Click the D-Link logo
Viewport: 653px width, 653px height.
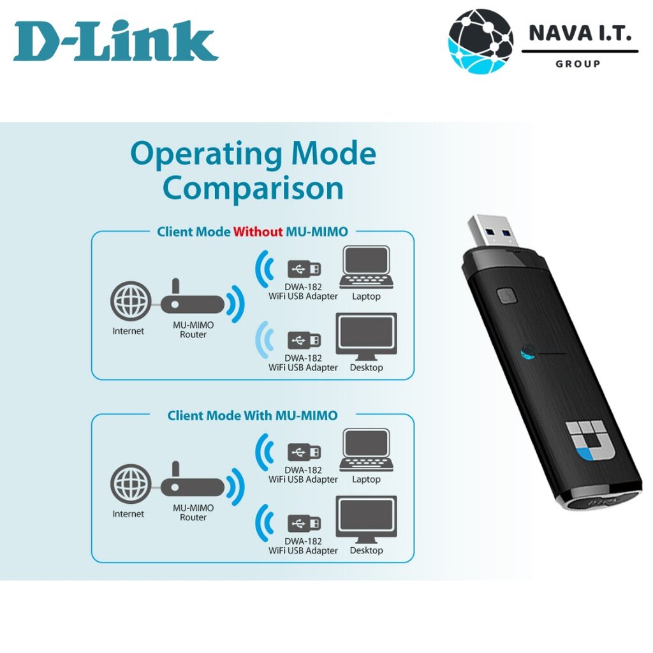point(115,41)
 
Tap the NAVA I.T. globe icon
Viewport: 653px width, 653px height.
point(480,41)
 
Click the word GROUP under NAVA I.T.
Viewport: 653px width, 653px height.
point(578,64)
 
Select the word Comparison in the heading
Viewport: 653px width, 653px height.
point(253,188)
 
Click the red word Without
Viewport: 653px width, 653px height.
point(258,231)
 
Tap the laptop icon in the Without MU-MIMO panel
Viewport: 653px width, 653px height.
point(365,268)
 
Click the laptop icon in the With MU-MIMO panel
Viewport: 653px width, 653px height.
point(365,451)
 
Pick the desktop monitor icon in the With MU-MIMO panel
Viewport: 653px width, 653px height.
point(366,518)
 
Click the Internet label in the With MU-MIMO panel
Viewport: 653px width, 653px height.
point(128,514)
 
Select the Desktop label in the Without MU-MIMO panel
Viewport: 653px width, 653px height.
point(366,368)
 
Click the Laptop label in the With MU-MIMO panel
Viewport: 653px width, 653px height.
point(366,480)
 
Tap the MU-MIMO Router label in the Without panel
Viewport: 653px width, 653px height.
point(193,330)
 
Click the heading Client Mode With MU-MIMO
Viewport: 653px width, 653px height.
point(252,416)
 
